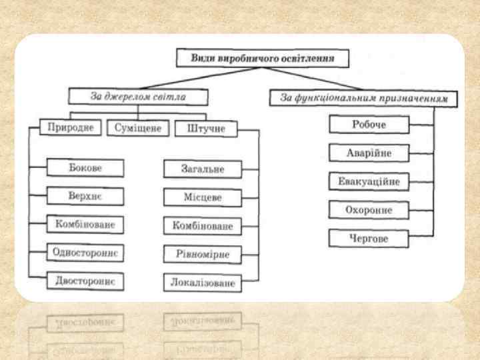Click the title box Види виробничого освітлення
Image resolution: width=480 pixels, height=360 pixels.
coord(263,58)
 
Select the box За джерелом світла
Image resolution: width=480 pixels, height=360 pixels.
coord(138,97)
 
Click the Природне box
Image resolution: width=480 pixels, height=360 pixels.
coord(71,127)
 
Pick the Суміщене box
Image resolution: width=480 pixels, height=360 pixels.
coord(138,128)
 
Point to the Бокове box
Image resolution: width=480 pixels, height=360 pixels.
coord(85,168)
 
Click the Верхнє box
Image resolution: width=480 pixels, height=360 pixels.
coord(85,196)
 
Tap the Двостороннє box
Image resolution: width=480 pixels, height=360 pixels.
coord(85,281)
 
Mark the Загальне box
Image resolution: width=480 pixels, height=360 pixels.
coord(203,169)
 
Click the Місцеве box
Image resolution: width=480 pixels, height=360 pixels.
coord(203,198)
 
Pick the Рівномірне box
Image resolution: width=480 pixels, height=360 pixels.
coord(203,255)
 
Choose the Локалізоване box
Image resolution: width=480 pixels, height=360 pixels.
coord(203,283)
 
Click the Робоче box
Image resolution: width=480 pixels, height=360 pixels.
coord(369,125)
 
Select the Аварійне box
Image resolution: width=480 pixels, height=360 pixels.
coord(369,153)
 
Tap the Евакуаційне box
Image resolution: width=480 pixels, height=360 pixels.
coord(369,181)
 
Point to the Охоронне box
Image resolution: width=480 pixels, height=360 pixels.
coord(369,210)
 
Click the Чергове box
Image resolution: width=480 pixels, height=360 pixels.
coord(369,238)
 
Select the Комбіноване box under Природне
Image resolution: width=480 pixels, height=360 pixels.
coord(85,225)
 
